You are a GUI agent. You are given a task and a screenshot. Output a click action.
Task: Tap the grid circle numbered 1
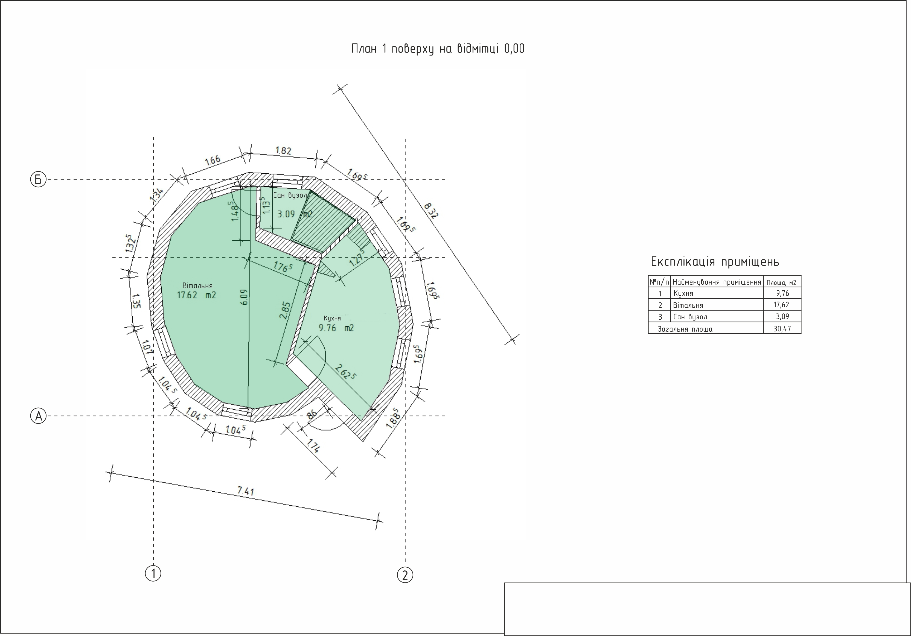pos(153,573)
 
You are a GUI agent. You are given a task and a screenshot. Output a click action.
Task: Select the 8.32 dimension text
pos(431,211)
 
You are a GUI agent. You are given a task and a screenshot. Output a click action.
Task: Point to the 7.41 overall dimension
pos(246,491)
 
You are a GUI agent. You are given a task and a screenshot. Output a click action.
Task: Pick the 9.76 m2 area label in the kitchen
pos(336,328)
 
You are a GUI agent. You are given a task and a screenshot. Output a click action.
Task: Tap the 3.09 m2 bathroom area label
pos(295,214)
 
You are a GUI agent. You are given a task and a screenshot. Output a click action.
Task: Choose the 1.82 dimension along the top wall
pos(283,150)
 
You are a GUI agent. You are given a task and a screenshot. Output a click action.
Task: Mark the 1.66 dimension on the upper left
pos(213,160)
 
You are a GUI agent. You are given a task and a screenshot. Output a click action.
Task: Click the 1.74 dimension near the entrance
pos(313,446)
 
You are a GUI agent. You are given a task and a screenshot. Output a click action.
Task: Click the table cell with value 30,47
pos(782,328)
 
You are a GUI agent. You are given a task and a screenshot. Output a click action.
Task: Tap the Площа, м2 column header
pos(781,282)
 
